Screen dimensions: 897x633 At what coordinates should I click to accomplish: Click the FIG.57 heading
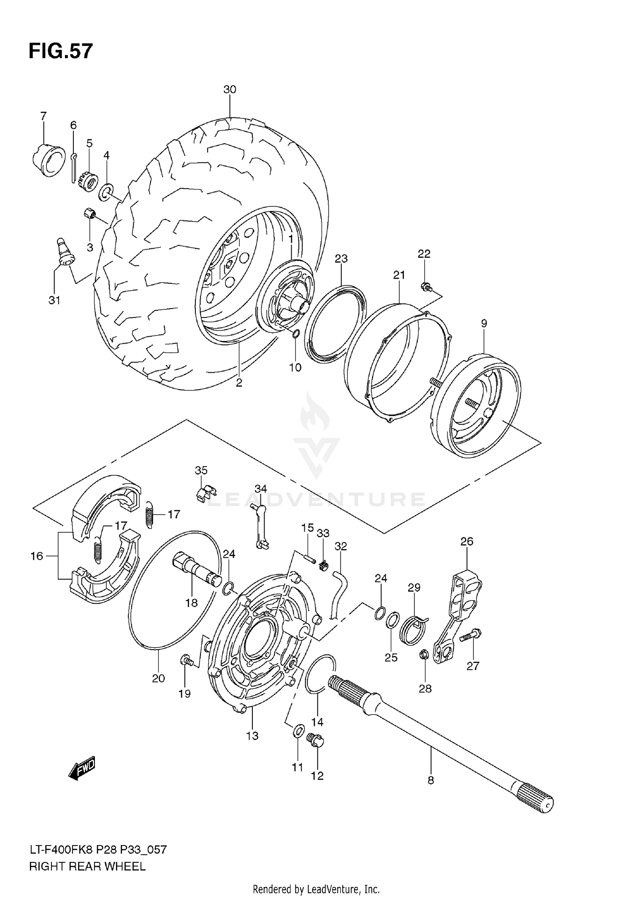point(60,51)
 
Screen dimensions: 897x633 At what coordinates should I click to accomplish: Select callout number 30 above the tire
point(230,89)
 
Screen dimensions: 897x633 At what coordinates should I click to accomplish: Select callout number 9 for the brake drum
point(484,323)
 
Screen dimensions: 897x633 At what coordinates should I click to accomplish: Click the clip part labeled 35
point(206,492)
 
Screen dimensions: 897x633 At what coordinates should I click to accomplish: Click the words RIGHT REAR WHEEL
point(87,867)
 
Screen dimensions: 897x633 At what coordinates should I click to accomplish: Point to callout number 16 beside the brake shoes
point(37,556)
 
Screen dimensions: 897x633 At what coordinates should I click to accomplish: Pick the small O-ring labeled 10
point(296,335)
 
